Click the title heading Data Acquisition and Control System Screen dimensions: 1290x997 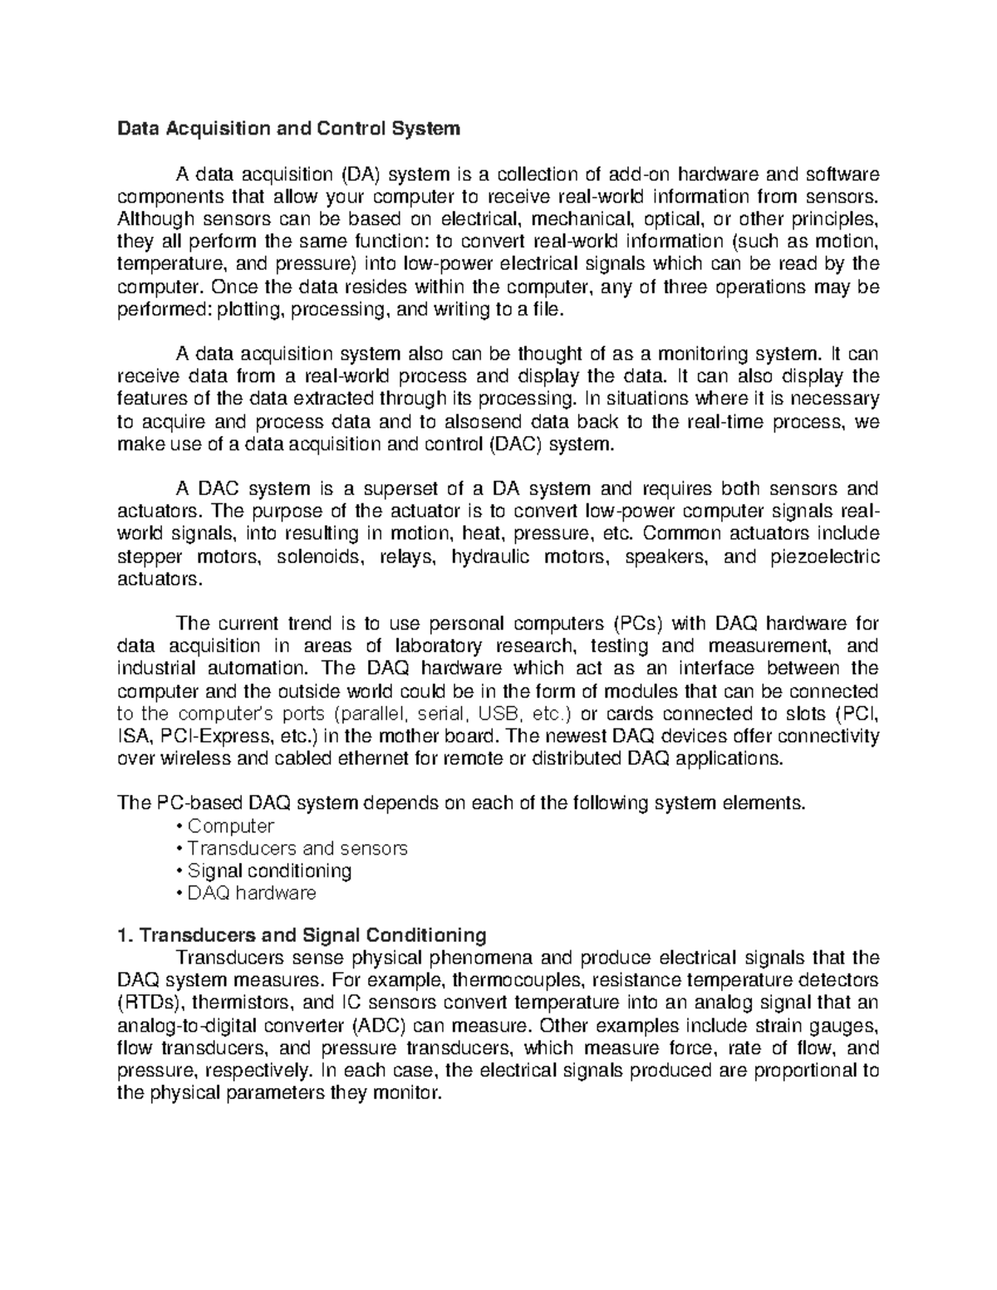pos(288,129)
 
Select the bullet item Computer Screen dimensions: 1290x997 pos(230,826)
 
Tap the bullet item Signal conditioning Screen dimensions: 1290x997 pos(269,871)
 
